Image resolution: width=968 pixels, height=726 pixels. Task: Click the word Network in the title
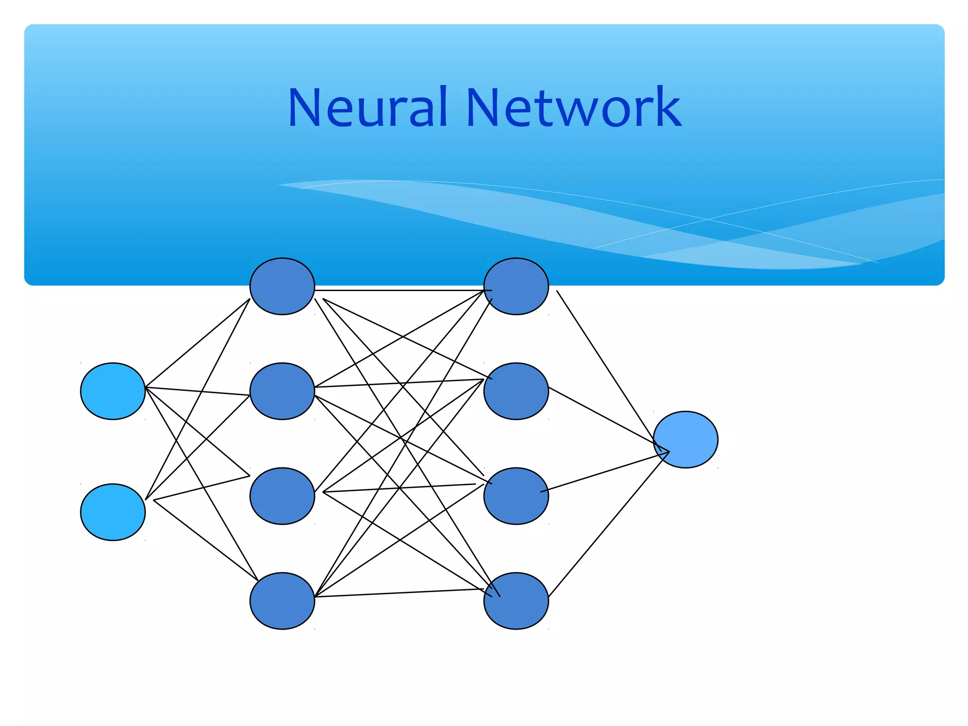tap(574, 108)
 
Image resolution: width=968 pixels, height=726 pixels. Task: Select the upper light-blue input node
tap(112, 391)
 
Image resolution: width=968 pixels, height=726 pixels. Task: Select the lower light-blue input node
tap(112, 512)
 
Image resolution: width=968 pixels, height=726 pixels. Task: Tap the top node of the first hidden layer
tap(282, 286)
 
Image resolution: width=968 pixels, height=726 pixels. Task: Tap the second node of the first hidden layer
tap(282, 391)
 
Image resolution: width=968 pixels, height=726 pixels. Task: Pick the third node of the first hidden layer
tap(282, 496)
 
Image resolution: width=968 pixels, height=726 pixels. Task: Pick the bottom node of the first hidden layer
tap(282, 601)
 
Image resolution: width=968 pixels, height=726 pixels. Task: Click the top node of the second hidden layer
tap(516, 286)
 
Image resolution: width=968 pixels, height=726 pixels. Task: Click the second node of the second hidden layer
tap(516, 391)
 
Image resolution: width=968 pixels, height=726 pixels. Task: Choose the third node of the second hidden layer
tap(516, 496)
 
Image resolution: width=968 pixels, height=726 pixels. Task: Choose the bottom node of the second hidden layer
tap(516, 601)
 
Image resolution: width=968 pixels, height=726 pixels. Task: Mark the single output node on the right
tap(685, 440)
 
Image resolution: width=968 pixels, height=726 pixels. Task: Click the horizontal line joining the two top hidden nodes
tap(399, 290)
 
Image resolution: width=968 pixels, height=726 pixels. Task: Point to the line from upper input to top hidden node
tap(198, 343)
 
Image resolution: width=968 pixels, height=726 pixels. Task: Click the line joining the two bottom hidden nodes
tap(399, 593)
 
